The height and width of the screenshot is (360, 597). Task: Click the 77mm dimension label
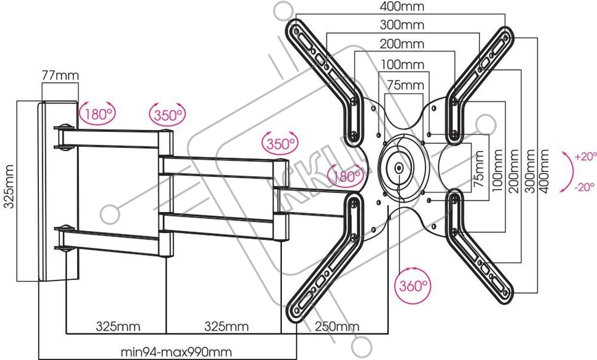pos(60,75)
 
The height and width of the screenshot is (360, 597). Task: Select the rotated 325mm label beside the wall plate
pos(9,186)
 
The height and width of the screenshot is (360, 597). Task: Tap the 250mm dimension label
pos(337,326)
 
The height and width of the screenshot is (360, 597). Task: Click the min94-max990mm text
pos(176,352)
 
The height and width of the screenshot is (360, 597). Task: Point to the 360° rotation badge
pos(413,285)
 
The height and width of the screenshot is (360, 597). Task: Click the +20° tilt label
pos(586,156)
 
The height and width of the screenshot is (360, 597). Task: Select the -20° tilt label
pos(584,187)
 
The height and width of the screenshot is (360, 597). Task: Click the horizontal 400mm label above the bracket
pos(402,6)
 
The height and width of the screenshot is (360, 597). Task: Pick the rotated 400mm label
pos(544,171)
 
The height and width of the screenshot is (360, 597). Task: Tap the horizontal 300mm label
pos(402,24)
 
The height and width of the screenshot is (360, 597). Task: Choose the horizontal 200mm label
pos(402,44)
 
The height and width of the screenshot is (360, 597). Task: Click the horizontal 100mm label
pos(402,64)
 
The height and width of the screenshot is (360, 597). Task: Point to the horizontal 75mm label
pos(405,85)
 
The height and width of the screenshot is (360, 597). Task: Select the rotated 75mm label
pos(479,168)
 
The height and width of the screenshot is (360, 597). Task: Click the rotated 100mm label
pos(497,170)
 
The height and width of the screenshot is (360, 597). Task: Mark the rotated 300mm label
pos(530,171)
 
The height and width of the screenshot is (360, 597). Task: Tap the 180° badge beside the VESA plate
pos(346,176)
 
